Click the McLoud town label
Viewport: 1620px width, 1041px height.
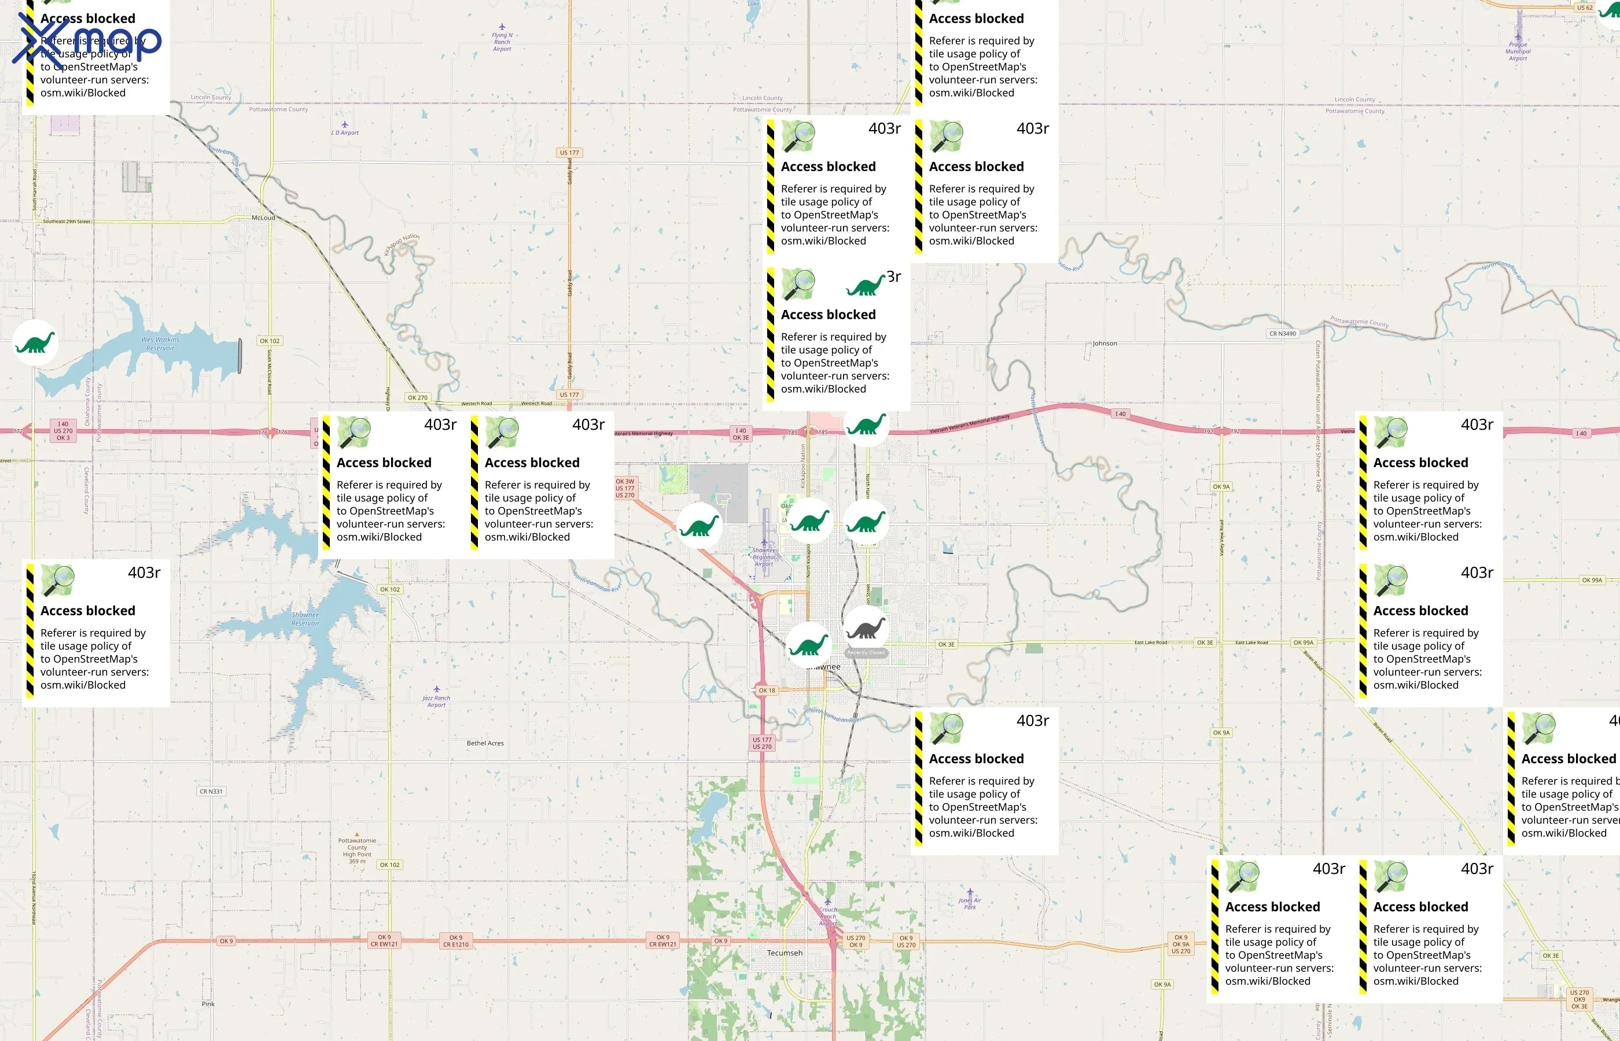263,217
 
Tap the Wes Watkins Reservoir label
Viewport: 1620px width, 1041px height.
160,344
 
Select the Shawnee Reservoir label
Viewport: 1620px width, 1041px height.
305,618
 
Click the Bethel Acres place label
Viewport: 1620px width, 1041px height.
485,743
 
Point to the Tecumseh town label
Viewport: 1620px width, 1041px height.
785,953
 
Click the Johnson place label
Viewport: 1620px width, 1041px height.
1104,344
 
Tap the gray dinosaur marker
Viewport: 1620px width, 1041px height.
866,628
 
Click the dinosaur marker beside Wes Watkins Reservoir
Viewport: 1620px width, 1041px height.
35,343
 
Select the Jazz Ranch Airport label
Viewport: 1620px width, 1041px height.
436,700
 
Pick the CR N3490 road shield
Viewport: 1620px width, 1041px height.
1282,333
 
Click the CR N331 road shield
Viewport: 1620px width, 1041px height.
211,791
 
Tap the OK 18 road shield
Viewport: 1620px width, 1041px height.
767,690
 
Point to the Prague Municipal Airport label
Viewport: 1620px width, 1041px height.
1518,51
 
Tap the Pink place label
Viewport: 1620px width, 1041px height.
208,1004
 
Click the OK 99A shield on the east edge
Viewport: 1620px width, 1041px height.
1592,580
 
